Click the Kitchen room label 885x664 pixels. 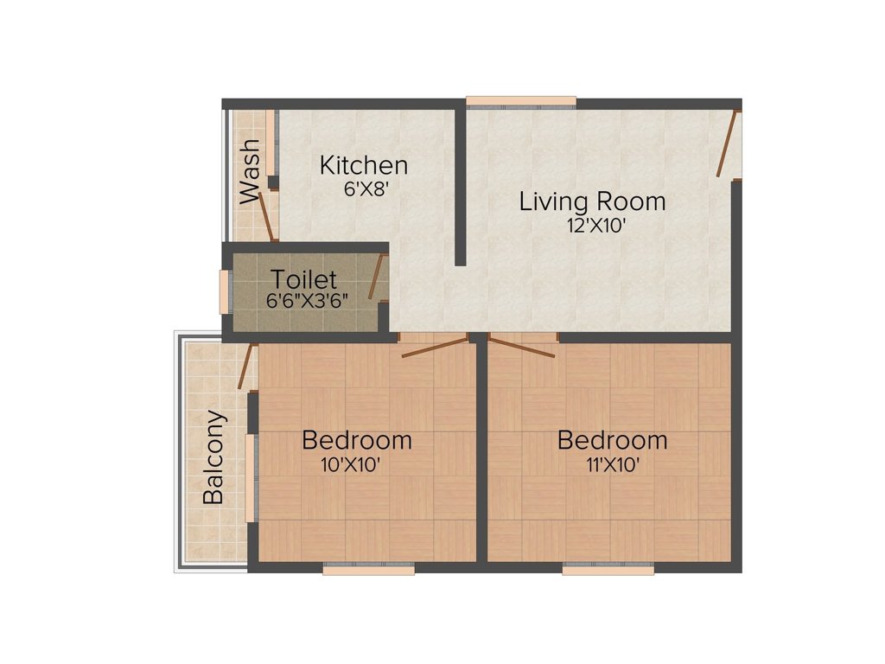[x=363, y=164]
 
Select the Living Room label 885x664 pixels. [x=592, y=202]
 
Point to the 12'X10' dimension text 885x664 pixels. [x=592, y=227]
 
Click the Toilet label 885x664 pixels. [x=302, y=280]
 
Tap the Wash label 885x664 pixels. [x=250, y=171]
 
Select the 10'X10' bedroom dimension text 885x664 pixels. [x=351, y=464]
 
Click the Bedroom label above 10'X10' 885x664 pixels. [x=356, y=440]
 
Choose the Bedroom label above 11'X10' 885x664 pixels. [x=612, y=440]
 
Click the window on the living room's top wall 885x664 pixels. [x=521, y=102]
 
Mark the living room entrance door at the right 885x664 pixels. [x=728, y=144]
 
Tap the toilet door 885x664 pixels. [x=377, y=278]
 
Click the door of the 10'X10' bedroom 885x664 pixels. [x=435, y=347]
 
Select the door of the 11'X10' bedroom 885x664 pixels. [x=522, y=347]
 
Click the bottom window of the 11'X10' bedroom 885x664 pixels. [x=608, y=569]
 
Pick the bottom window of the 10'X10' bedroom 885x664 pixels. [x=369, y=569]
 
